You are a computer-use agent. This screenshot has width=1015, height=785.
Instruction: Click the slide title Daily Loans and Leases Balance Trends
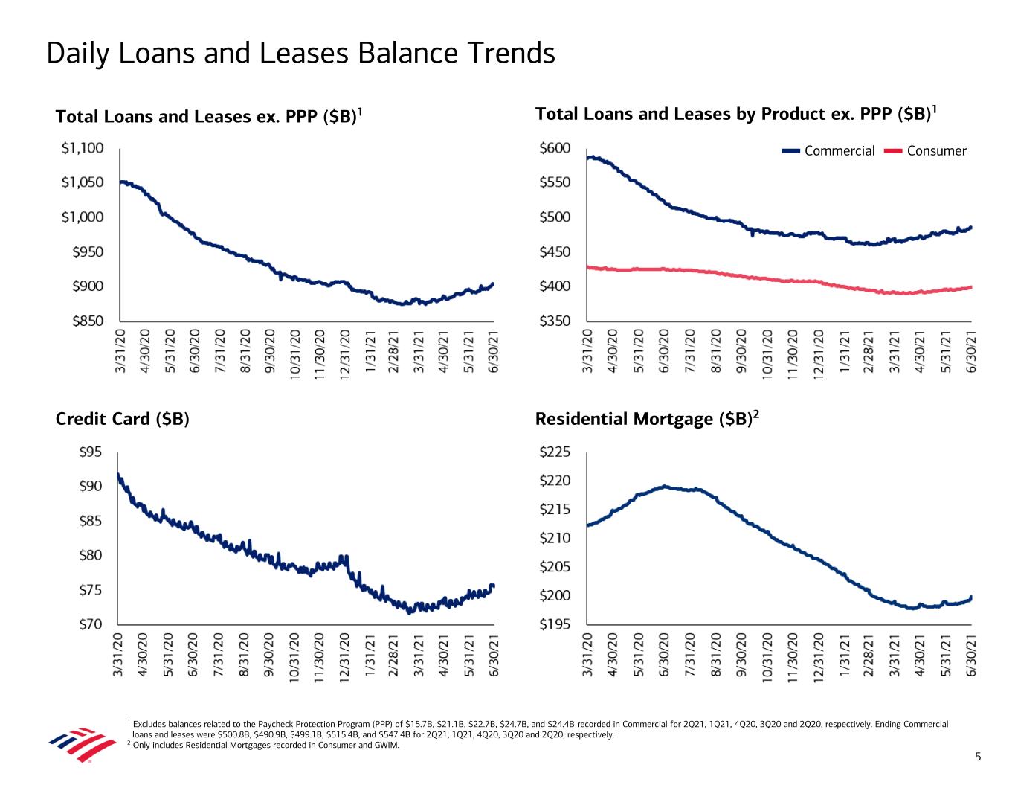click(300, 54)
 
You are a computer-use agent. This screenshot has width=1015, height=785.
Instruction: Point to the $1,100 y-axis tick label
click(83, 148)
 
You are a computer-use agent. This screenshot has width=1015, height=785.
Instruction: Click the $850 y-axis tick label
click(88, 321)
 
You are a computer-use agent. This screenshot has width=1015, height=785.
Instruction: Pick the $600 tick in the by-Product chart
click(555, 148)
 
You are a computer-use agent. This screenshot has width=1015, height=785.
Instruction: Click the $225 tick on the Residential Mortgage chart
click(555, 452)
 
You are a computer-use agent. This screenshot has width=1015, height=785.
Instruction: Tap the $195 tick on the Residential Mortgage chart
click(555, 624)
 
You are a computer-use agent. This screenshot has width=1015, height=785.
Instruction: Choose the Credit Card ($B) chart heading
click(123, 420)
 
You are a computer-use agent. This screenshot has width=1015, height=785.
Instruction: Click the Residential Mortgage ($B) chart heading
click(646, 420)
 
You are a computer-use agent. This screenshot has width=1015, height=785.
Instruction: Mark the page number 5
click(979, 757)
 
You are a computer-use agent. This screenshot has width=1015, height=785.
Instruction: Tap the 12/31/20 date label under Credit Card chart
click(344, 655)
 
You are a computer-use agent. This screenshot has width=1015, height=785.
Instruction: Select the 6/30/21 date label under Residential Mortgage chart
click(971, 655)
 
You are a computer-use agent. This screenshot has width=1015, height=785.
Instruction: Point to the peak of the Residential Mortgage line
click(666, 487)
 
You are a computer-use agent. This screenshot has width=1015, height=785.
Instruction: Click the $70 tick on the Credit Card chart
click(91, 624)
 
